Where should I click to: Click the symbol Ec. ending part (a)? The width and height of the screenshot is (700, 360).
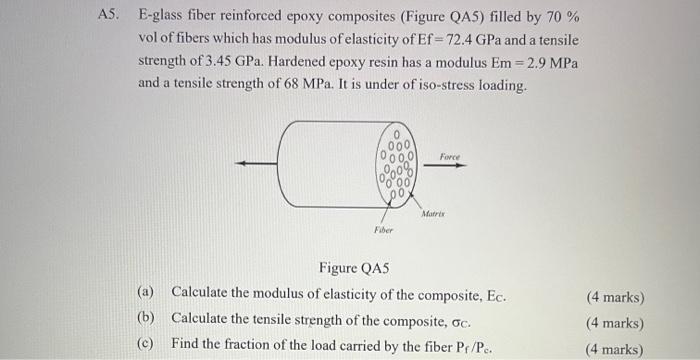497,297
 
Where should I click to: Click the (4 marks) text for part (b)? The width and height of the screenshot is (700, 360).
612,322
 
